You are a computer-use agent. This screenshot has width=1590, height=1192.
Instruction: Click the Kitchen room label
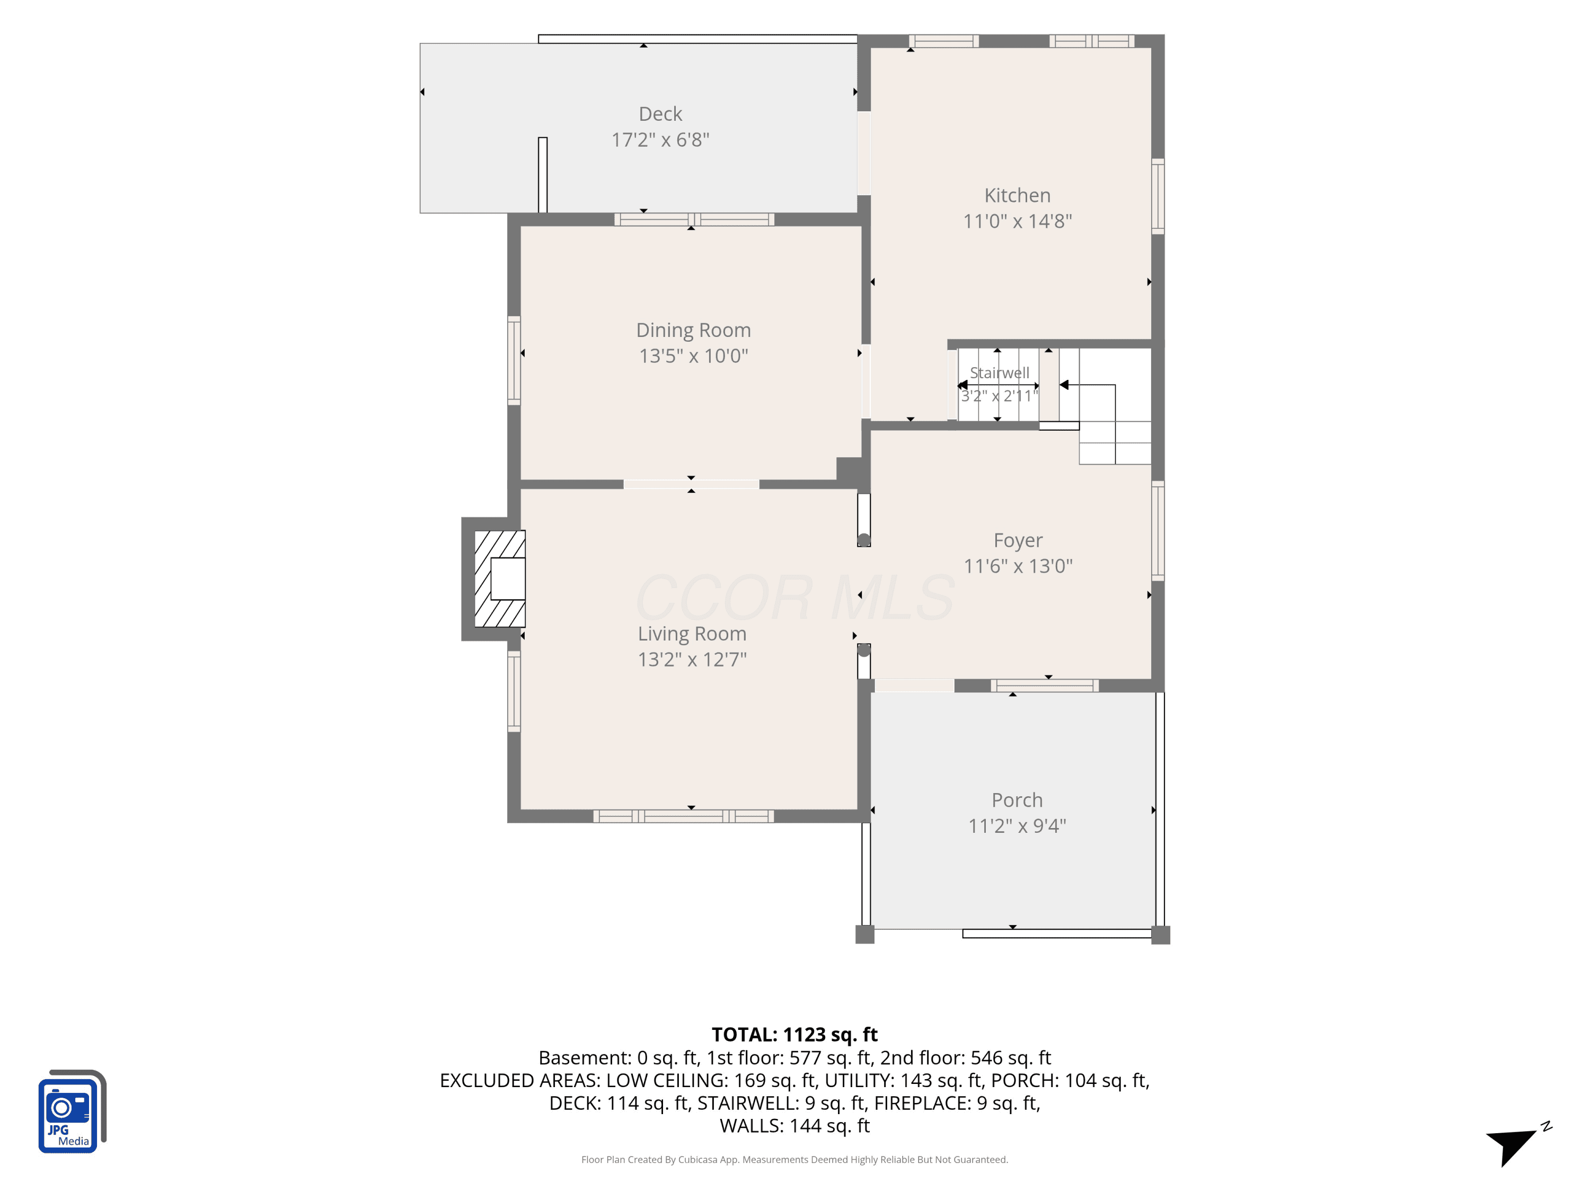(1017, 195)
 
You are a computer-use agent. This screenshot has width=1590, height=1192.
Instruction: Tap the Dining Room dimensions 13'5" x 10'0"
(694, 355)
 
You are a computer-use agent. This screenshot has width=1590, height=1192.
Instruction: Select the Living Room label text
(692, 634)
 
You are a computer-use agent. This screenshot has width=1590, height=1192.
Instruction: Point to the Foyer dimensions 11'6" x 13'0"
(1018, 566)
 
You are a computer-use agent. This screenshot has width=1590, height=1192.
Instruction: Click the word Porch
(1017, 799)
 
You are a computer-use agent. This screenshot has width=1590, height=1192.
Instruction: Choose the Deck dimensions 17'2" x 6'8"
(660, 139)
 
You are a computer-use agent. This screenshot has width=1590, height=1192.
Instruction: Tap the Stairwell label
(999, 373)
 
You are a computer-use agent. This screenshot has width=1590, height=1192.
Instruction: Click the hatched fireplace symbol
(500, 579)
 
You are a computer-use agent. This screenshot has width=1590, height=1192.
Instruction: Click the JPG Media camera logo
(72, 1111)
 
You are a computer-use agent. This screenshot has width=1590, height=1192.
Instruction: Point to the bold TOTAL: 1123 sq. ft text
(794, 1035)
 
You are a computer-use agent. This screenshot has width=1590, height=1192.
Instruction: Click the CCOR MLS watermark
(795, 598)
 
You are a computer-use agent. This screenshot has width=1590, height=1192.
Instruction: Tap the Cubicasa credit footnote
(794, 1160)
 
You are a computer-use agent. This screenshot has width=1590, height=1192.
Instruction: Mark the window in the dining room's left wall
(514, 360)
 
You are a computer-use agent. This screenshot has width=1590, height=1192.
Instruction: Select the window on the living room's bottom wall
(684, 816)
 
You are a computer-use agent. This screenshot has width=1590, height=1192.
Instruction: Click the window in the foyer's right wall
(1158, 531)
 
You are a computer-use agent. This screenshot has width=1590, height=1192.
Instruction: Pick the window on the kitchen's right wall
(1158, 196)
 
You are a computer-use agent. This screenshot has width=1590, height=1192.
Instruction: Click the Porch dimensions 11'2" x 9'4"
(1017, 826)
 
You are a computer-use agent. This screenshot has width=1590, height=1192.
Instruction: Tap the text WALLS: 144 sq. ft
(794, 1126)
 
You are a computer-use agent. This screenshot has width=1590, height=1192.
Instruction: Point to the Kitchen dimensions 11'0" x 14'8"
(1017, 221)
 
